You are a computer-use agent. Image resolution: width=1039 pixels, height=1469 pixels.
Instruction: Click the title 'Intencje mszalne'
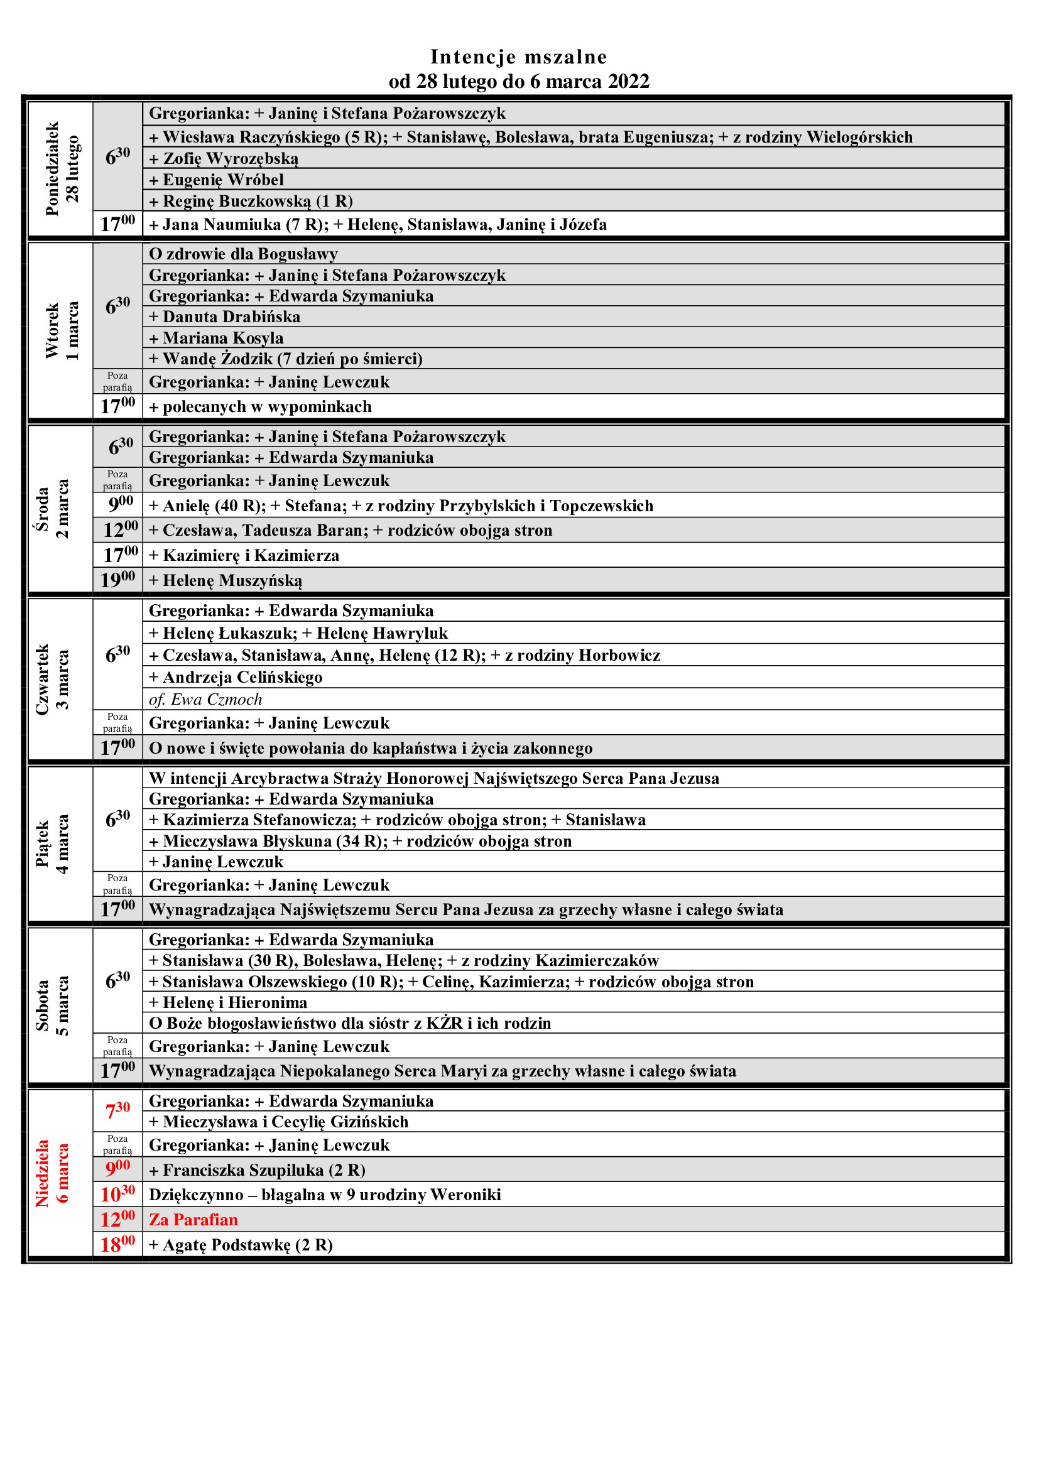518,57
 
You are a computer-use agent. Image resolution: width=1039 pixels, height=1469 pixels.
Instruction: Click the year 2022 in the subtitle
628,82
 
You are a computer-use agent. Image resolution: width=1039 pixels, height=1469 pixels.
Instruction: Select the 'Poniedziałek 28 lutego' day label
62,169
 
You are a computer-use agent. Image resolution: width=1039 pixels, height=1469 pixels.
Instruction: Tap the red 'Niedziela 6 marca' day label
53,1173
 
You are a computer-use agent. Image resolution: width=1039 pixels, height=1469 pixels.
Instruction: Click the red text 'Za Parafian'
193,1220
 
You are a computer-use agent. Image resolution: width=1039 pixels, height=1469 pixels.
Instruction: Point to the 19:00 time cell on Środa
118,580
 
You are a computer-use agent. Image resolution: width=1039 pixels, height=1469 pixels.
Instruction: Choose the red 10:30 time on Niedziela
118,1194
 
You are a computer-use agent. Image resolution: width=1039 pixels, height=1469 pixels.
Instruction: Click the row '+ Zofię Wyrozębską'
224,159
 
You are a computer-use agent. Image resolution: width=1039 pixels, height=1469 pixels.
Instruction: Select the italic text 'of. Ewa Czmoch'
205,699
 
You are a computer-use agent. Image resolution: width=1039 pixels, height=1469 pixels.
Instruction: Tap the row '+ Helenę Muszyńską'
226,580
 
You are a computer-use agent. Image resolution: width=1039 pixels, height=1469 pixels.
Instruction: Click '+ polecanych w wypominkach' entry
261,407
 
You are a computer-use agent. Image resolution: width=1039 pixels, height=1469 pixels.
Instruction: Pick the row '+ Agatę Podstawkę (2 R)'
241,1244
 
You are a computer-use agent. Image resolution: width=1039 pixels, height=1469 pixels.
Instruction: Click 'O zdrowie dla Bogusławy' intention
243,254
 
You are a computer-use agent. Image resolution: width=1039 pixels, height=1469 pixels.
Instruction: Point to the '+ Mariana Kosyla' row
216,338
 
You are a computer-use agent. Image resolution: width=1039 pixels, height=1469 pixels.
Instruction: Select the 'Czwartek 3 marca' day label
53,680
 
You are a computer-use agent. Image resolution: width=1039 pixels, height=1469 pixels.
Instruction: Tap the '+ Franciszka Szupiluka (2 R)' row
257,1169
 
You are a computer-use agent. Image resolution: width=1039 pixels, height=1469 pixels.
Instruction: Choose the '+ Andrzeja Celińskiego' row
236,677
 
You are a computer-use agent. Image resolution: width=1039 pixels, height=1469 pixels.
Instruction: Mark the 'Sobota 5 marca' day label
53,1005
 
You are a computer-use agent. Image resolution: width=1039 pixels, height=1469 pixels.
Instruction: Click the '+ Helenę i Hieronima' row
229,1002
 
